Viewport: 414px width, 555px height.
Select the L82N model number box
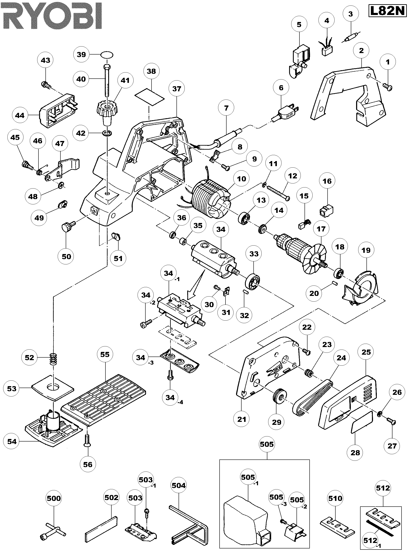point(387,11)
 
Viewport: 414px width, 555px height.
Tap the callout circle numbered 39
point(81,55)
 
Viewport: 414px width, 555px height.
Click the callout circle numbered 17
point(321,229)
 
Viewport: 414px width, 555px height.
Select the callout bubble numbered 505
point(267,444)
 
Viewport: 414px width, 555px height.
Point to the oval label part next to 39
point(107,55)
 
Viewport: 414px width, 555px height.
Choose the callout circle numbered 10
point(241,179)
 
